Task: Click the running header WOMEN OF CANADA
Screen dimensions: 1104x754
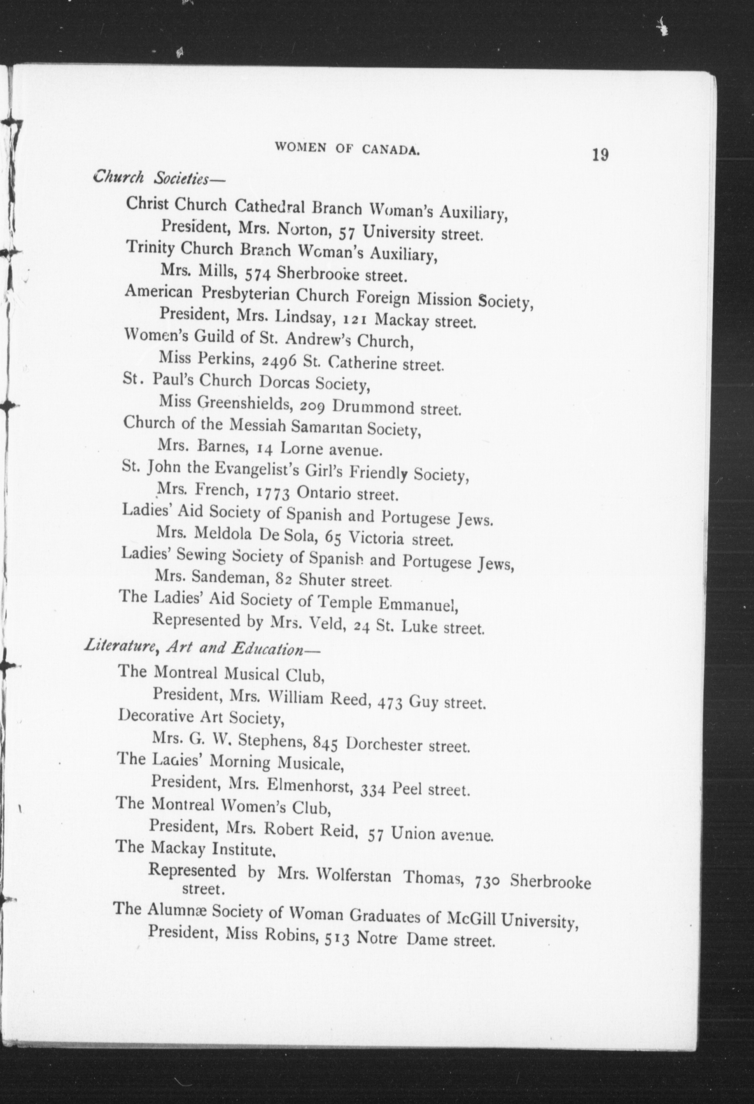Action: [347, 148]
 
